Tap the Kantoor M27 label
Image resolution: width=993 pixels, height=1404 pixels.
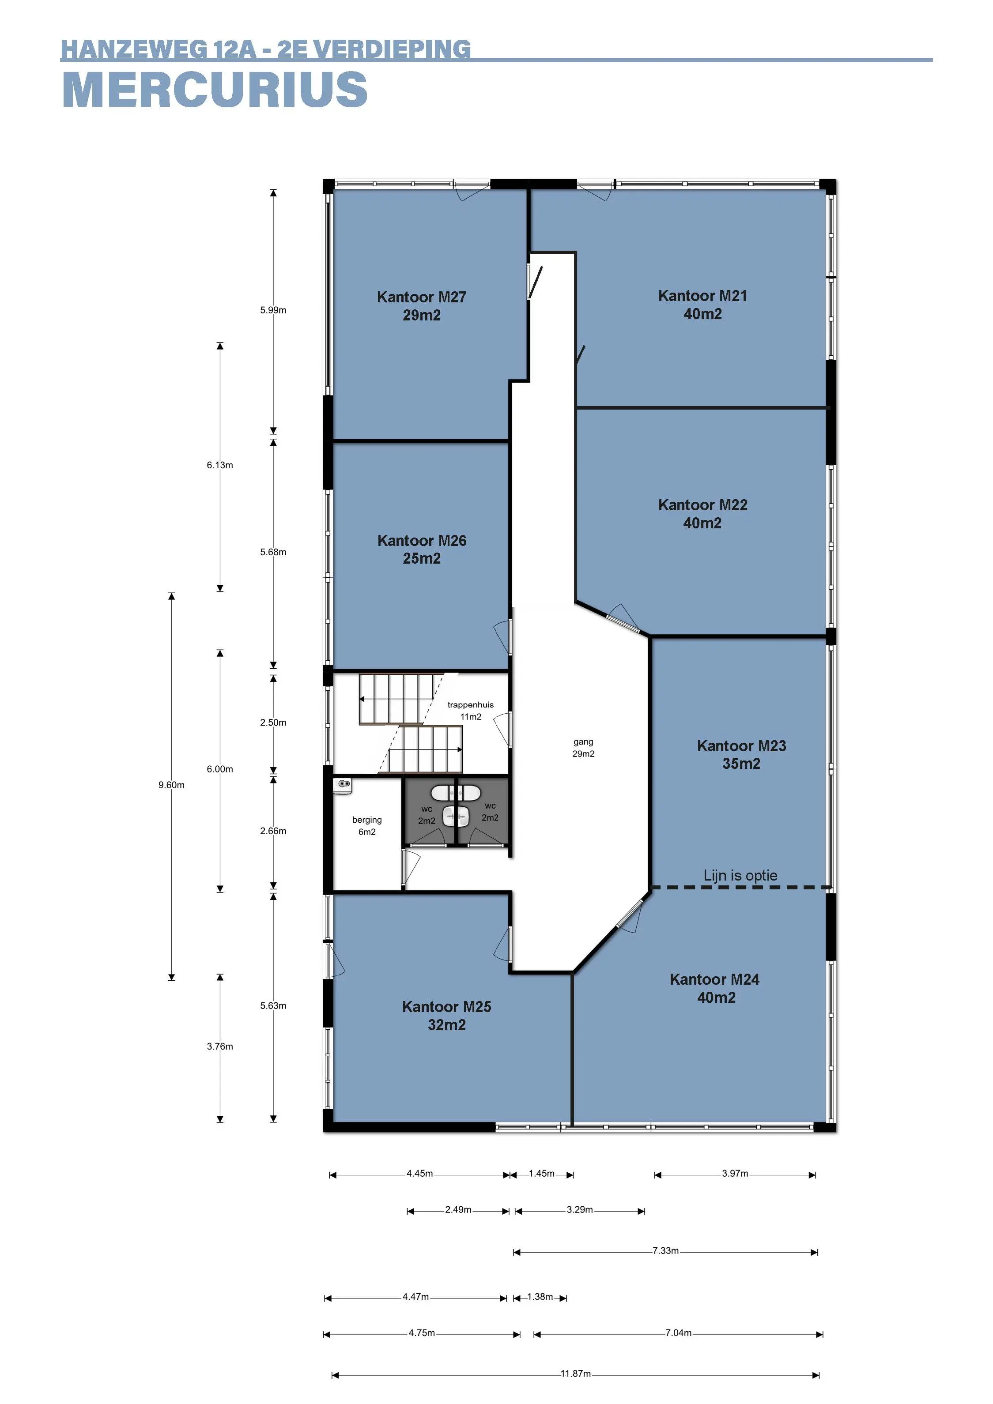click(x=422, y=306)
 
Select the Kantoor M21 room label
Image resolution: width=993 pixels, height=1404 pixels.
click(x=702, y=305)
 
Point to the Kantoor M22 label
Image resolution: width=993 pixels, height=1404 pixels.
click(x=702, y=514)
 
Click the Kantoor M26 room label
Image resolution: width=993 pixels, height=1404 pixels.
click(x=422, y=549)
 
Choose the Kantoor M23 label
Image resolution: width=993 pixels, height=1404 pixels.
click(x=741, y=755)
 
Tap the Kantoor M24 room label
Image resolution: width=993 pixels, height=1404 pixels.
click(x=715, y=988)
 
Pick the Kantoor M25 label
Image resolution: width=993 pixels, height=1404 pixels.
click(x=447, y=1016)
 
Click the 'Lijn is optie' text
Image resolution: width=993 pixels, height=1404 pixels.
click(x=740, y=876)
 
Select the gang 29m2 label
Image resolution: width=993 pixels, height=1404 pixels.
click(x=584, y=748)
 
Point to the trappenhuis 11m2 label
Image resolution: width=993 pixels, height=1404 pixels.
click(x=471, y=711)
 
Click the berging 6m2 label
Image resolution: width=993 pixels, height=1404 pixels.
click(x=367, y=825)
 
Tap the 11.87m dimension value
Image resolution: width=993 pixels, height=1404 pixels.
click(x=576, y=1374)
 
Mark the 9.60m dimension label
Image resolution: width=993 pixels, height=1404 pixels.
click(x=171, y=785)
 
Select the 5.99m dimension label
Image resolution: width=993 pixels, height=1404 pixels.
click(x=273, y=310)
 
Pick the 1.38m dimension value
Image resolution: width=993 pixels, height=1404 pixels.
click(x=540, y=1296)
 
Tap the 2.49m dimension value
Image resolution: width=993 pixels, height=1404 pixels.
click(x=458, y=1209)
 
